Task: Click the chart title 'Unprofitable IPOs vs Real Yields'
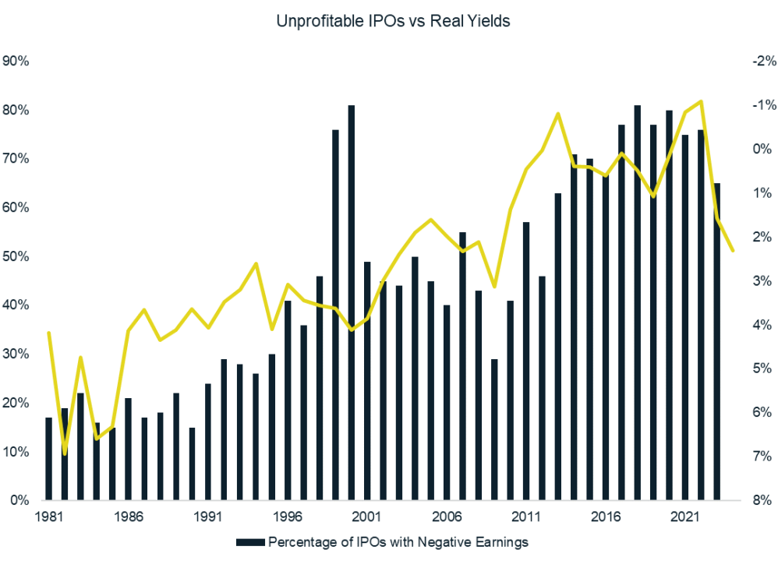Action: [393, 22]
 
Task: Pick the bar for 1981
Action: [48, 459]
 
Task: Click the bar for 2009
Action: [494, 429]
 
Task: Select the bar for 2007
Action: [462, 366]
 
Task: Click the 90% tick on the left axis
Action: [16, 61]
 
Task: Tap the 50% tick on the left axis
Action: [16, 256]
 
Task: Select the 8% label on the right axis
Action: [759, 500]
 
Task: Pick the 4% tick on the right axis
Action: [759, 325]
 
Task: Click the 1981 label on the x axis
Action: [48, 516]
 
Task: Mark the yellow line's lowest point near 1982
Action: [65, 453]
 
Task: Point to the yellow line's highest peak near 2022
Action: [702, 101]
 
